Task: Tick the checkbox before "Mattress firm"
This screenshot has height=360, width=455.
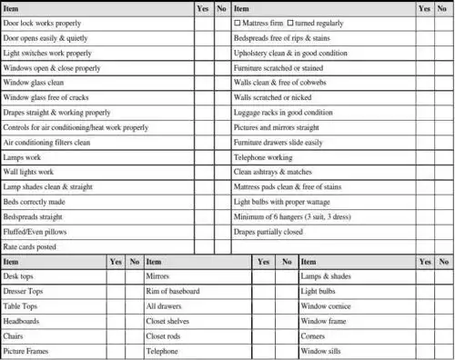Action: pos(238,21)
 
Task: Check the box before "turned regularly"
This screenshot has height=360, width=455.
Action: pos(290,21)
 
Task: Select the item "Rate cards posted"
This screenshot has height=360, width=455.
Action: pos(30,246)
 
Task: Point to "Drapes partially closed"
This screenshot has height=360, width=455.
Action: pos(268,232)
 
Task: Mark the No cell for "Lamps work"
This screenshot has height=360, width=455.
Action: pos(222,157)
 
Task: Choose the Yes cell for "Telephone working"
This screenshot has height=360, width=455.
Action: pos(423,157)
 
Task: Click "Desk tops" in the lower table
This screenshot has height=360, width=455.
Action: pos(24,276)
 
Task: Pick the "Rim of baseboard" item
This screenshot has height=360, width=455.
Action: pos(173,291)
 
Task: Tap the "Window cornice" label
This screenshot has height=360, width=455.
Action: pos(325,306)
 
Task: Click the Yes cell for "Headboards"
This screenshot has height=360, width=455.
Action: pos(116,321)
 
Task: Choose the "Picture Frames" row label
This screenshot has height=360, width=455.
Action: pos(29,351)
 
